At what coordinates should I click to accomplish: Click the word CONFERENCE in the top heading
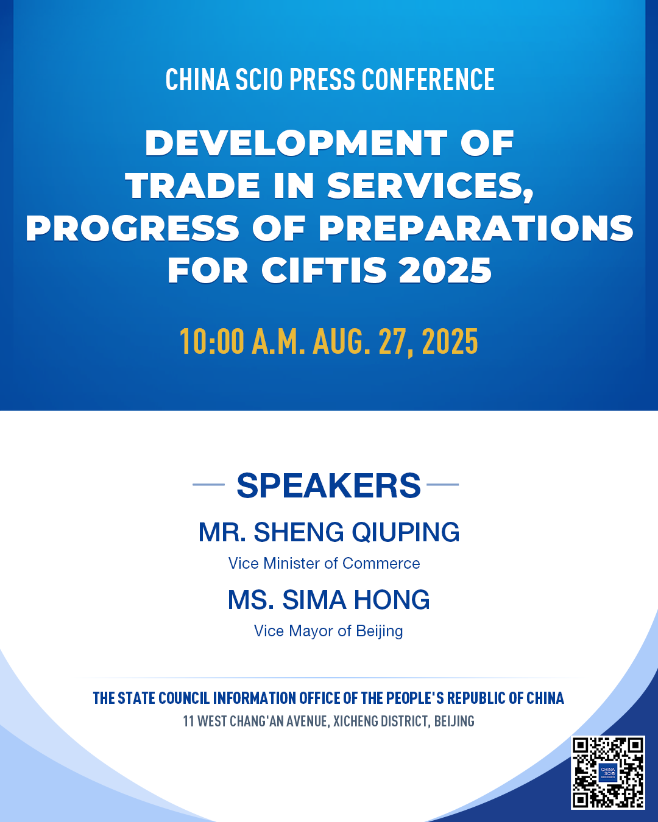[428, 79]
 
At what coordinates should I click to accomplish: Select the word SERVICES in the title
[430, 187]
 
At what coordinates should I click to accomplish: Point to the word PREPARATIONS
[476, 228]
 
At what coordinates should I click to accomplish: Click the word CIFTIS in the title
[324, 270]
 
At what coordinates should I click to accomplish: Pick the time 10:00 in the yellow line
[212, 342]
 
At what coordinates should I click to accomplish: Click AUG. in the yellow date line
[341, 342]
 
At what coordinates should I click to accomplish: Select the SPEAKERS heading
[329, 485]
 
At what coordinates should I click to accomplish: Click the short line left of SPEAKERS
[208, 484]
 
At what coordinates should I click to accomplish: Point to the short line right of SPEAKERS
[442, 484]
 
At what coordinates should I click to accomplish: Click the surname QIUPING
[406, 532]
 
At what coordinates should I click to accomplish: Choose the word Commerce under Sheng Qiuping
[381, 563]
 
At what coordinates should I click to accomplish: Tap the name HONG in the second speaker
[392, 600]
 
